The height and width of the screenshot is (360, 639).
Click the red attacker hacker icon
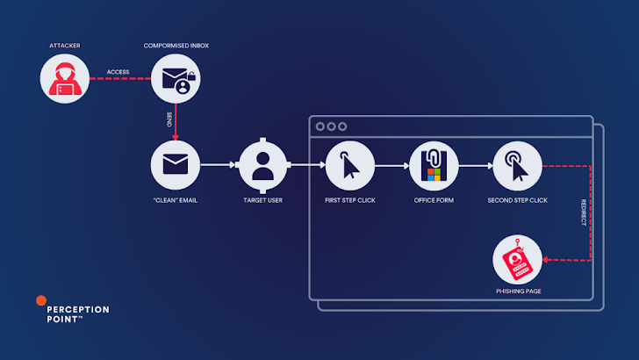coord(66,78)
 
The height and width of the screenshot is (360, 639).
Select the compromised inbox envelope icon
coord(176,78)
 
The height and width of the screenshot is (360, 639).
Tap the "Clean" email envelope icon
coord(176,164)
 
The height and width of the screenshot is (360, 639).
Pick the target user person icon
coord(264,164)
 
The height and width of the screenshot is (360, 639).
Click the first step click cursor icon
coord(349,164)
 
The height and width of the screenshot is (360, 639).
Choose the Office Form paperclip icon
coord(434,164)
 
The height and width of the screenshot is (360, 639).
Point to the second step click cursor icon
coord(517,164)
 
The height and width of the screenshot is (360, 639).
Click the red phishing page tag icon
coord(517,260)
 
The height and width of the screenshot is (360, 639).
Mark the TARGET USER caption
coord(264,201)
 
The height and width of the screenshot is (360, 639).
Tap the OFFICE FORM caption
coord(434,201)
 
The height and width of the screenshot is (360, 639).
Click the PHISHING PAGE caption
coord(517,290)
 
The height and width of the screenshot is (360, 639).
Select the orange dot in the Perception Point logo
coord(40,299)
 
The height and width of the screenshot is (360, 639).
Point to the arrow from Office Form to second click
coord(475,164)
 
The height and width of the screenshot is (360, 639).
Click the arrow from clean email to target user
coord(219,164)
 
